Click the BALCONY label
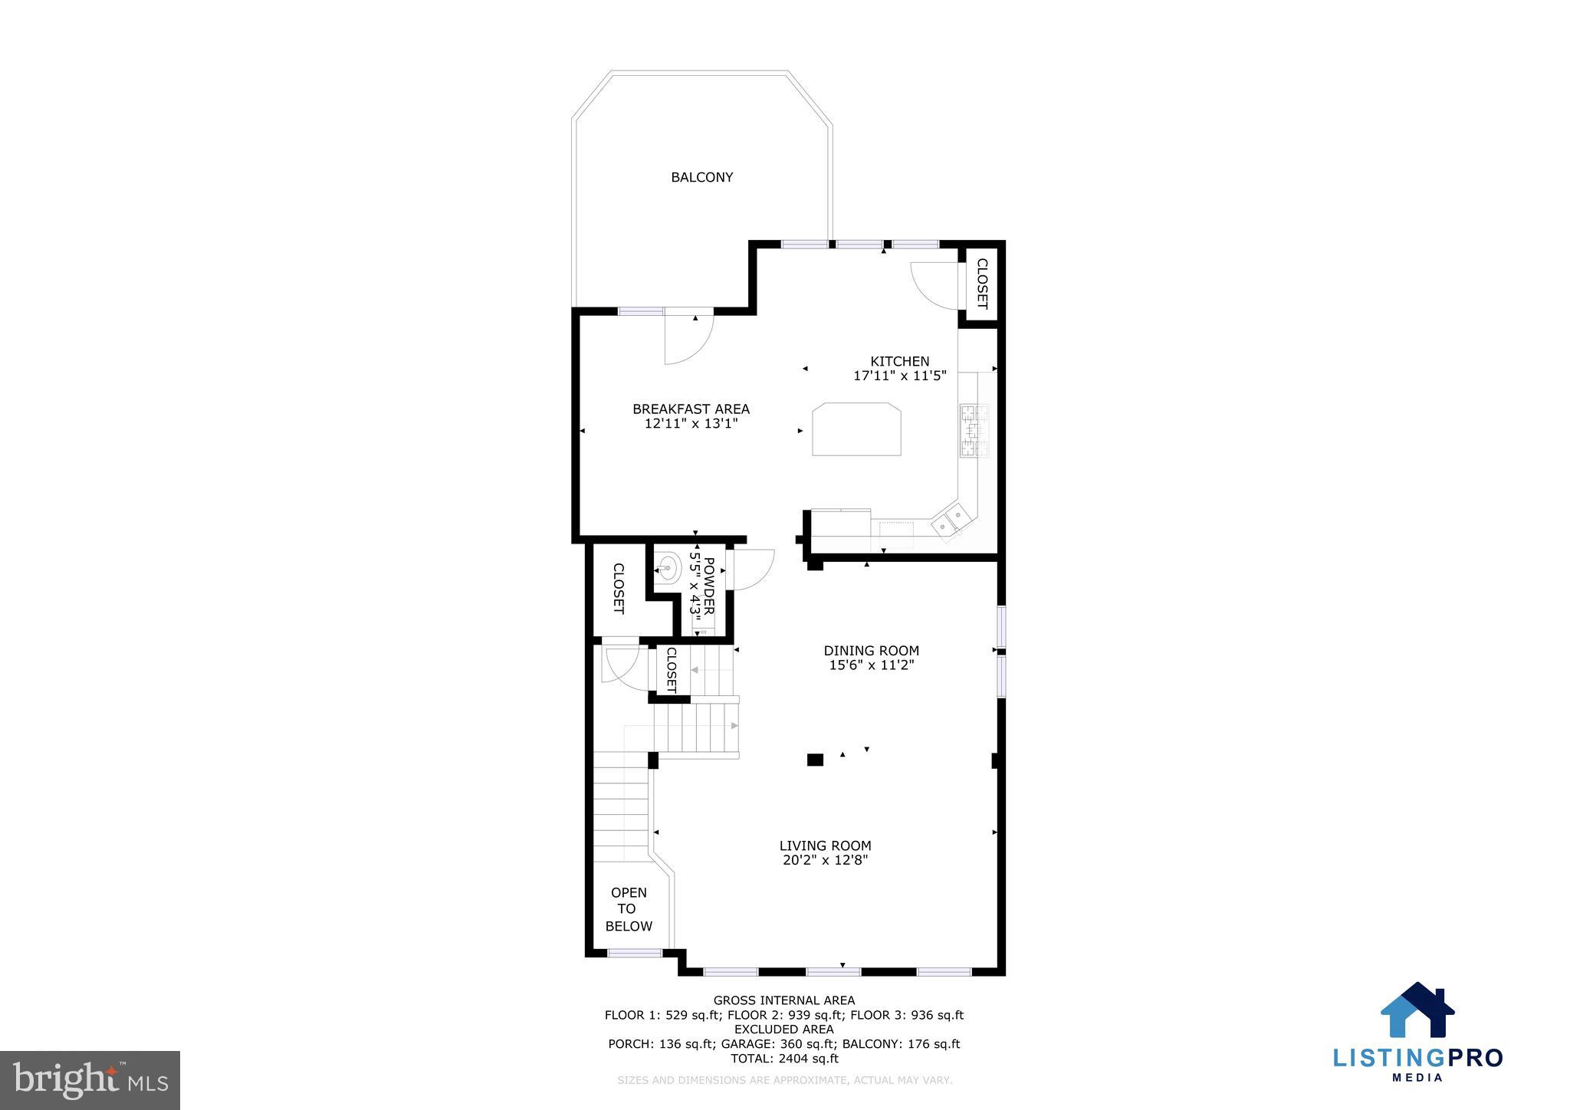point(701,177)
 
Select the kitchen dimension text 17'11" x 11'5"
point(900,376)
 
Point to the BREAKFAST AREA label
point(691,409)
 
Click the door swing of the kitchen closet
point(934,286)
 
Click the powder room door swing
point(750,570)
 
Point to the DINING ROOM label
point(871,651)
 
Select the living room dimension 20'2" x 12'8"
point(825,860)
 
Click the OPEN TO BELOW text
point(629,909)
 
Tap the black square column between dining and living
point(815,760)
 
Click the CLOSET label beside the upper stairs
point(671,670)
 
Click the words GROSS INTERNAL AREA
point(783,1000)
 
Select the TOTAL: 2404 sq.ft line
point(783,1059)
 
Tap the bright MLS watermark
point(90,1081)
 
